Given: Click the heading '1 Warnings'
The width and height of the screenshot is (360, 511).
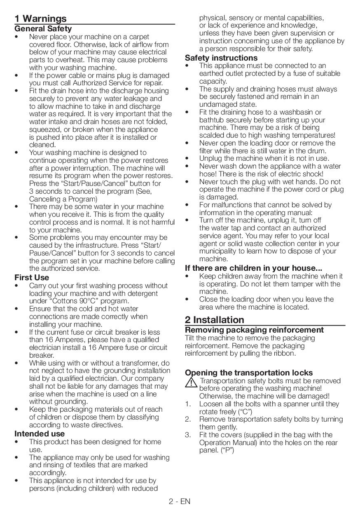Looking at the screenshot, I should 40,19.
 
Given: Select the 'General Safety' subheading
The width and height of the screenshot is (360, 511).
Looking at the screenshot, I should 43,29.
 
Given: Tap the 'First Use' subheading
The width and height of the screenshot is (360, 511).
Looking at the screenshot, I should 32,278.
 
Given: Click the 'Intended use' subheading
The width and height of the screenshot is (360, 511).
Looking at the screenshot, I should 40,434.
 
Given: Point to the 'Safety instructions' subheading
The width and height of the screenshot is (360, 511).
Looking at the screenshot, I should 221,58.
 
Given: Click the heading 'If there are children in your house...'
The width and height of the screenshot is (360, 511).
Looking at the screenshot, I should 253,268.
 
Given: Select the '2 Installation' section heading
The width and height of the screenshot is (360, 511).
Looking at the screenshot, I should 214,320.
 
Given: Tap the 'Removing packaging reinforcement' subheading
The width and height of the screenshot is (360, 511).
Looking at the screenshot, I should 254,330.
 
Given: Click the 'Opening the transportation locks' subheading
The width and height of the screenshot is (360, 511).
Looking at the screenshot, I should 249,373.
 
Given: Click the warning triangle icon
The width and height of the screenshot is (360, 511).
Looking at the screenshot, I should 191,383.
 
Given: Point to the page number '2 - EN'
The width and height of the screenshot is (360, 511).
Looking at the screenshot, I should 180,502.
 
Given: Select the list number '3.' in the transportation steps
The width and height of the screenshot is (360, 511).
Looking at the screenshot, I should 188,435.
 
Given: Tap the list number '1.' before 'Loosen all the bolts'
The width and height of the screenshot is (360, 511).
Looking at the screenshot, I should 188,404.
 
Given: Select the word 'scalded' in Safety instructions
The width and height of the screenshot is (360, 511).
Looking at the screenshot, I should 212,135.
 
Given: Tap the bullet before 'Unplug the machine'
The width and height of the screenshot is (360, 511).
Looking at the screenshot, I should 187,159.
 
